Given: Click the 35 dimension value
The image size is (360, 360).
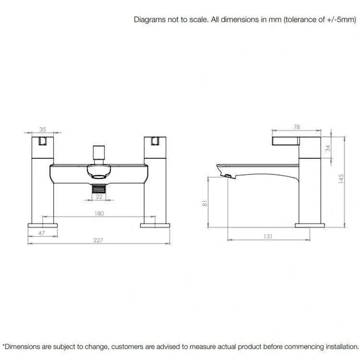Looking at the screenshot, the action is pos(42,129).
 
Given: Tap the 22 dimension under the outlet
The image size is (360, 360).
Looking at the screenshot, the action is pos(99,196).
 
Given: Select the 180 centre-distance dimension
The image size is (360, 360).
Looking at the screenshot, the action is pos(99,213).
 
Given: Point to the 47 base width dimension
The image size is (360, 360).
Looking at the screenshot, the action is pos(42,233).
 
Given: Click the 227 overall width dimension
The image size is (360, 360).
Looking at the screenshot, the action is pos(98,240).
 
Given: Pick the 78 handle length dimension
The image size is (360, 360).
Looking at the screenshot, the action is pos(297,127).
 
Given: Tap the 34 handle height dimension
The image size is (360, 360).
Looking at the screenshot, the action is pos(328,148).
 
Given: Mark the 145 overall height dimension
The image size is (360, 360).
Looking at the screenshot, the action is pos(340,179).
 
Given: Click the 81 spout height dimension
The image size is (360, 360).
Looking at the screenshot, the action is pos(205,203).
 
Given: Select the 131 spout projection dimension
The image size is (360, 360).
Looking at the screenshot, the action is pos(268,236).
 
